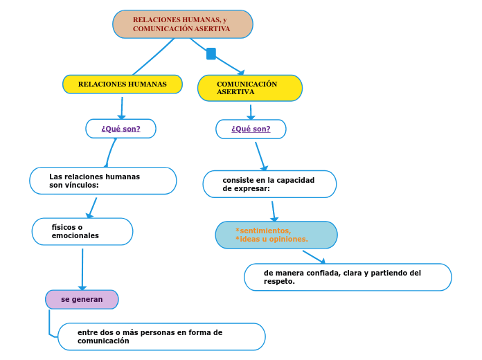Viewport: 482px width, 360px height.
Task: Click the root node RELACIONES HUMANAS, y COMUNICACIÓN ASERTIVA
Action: tap(182, 24)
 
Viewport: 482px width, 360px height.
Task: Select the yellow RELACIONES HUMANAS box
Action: tap(122, 84)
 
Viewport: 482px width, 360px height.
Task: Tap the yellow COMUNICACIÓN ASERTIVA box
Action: tap(249, 88)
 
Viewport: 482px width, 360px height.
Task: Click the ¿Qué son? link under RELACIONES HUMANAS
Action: tap(120, 129)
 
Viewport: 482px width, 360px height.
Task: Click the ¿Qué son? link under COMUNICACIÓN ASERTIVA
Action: tap(251, 129)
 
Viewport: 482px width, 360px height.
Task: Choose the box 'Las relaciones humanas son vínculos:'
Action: tap(102, 181)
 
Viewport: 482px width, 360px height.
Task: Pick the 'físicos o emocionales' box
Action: tap(82, 231)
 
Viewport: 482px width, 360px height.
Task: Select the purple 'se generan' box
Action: tap(82, 299)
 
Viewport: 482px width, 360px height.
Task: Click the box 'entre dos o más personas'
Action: tap(161, 336)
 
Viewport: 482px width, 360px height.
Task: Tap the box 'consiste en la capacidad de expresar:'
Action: tap(269, 184)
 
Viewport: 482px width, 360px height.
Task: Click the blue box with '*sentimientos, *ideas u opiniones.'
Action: tap(276, 235)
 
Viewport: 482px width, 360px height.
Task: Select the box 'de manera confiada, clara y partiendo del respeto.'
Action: tap(348, 277)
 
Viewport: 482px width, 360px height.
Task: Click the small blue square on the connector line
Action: tap(211, 53)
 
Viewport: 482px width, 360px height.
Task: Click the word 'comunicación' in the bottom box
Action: tap(103, 341)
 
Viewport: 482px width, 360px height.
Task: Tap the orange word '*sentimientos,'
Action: tap(263, 231)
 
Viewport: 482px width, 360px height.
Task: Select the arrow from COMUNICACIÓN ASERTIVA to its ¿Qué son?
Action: tap(251, 112)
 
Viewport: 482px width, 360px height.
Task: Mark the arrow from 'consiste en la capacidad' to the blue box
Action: tap(274, 211)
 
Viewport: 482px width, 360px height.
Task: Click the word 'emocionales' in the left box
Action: tap(75, 236)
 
